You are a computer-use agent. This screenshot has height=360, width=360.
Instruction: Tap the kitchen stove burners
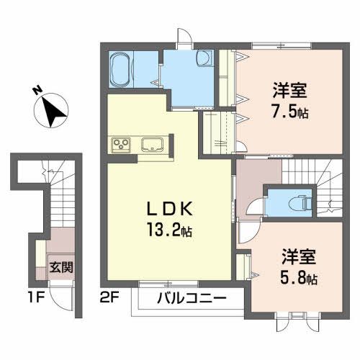(x=121, y=145)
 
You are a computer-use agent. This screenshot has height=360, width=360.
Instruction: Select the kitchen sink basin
(x=153, y=145)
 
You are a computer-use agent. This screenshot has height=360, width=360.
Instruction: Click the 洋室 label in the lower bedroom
(x=296, y=257)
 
